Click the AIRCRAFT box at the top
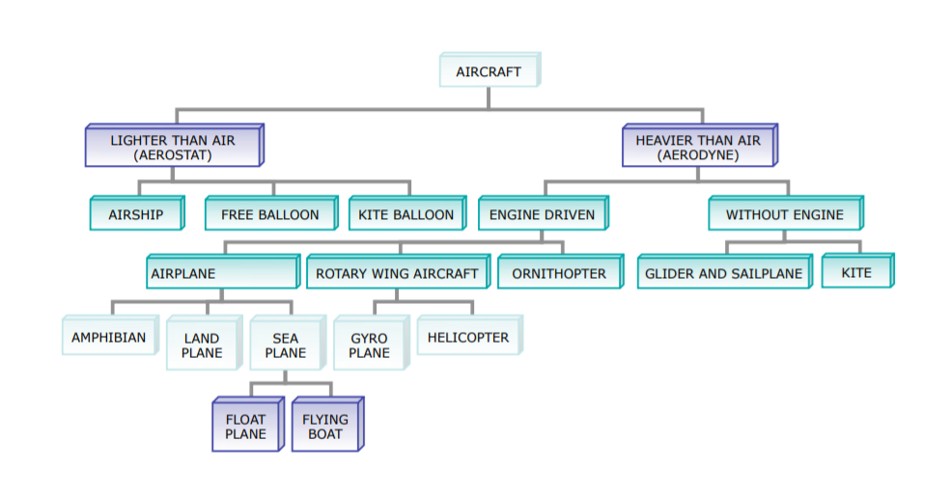tap(489, 71)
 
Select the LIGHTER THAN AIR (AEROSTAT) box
tap(173, 147)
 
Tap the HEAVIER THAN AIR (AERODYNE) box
tap(698, 147)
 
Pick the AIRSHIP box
tap(136, 214)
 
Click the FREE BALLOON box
tap(270, 214)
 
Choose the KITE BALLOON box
tap(406, 214)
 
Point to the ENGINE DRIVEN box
tap(542, 214)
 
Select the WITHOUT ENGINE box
tap(785, 214)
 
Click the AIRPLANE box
tap(222, 273)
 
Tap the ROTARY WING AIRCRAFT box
tap(397, 273)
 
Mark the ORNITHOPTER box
tap(559, 273)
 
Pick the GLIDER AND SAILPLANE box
tap(724, 273)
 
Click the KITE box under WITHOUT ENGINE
tap(856, 272)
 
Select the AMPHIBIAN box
tap(109, 338)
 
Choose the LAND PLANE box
tap(202, 344)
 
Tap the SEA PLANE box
tap(286, 344)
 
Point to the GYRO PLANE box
tap(370, 344)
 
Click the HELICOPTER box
tap(468, 338)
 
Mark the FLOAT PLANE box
tap(246, 426)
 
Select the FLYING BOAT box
tap(325, 426)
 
